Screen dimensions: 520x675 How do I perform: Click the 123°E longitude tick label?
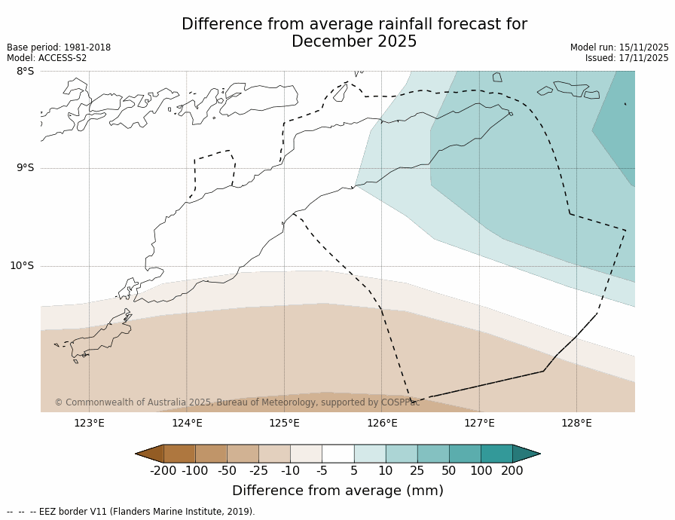pyautogui.click(x=89, y=423)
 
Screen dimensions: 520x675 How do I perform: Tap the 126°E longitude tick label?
pyautogui.click(x=382, y=423)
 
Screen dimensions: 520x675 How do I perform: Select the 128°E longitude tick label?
pyautogui.click(x=576, y=423)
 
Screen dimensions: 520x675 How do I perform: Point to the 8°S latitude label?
pyautogui.click(x=25, y=72)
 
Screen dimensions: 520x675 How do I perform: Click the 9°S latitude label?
pyautogui.click(x=25, y=168)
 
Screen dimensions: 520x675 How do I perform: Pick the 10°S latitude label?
pyautogui.click(x=22, y=266)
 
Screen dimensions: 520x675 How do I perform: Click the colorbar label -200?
pyautogui.click(x=163, y=471)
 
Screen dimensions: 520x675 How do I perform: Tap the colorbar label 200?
pyautogui.click(x=512, y=471)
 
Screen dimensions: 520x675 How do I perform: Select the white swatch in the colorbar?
pyautogui.click(x=338, y=453)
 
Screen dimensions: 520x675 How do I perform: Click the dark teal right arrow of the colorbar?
pyautogui.click(x=525, y=453)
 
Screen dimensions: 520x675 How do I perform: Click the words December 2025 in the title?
pyautogui.click(x=354, y=42)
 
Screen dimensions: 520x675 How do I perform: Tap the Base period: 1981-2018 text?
pyautogui.click(x=59, y=47)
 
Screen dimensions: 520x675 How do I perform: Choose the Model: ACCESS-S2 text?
pyautogui.click(x=47, y=58)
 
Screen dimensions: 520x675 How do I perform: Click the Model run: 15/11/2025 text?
pyautogui.click(x=619, y=47)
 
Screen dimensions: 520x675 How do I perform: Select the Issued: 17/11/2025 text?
pyautogui.click(x=627, y=58)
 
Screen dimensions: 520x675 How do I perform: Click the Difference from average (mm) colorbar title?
pyautogui.click(x=337, y=491)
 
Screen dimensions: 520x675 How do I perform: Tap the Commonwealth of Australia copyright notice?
pyautogui.click(x=237, y=402)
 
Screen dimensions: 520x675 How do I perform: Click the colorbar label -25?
pyautogui.click(x=258, y=471)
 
